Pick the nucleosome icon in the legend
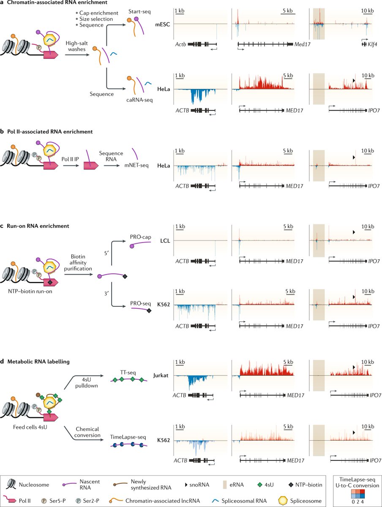click(x=14, y=476)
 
